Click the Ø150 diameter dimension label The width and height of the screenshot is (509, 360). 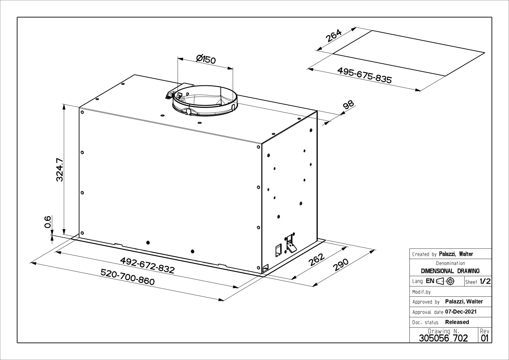coord(206,59)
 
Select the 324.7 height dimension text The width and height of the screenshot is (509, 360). coord(60,170)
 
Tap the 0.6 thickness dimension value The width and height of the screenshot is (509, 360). coord(48,222)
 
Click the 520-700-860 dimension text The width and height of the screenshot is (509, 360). coord(127,277)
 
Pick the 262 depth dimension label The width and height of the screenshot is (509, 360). coord(316,260)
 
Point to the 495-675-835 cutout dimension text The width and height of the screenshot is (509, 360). coord(364,75)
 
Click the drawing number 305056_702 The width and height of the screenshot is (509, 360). coord(443,338)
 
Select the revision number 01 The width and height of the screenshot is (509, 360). coord(485,338)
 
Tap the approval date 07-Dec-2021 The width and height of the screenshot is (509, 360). coord(461,312)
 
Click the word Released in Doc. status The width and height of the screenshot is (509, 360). coord(457,322)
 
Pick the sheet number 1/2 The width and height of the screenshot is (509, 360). coord(485,281)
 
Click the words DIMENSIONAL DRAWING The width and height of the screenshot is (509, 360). coord(450,271)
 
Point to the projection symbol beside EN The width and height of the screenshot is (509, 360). coord(445,281)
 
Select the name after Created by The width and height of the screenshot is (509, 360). coord(456,254)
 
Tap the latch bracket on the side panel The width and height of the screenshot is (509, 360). coord(291,245)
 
